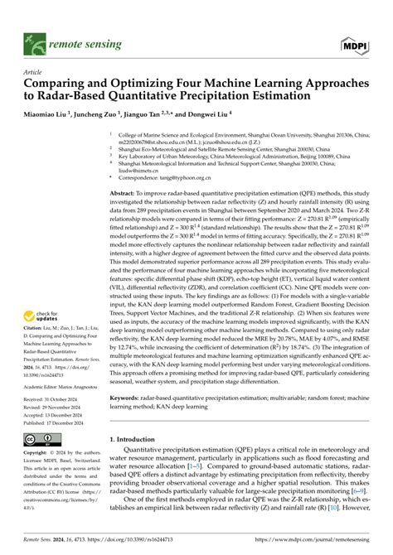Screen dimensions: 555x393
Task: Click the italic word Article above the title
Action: pos(34,72)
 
